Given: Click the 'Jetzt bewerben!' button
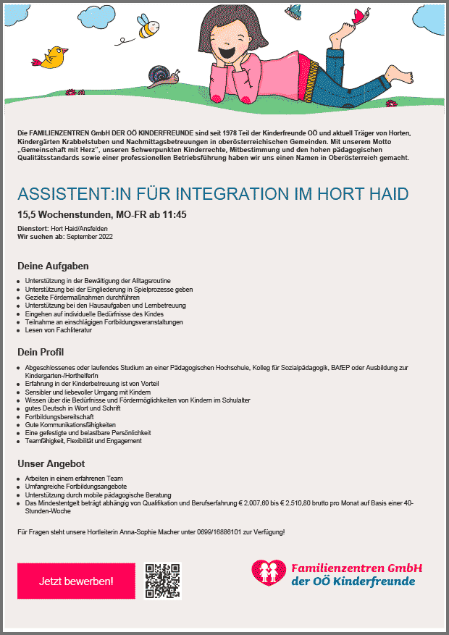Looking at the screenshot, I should tap(76, 581).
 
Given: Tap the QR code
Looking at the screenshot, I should tap(162, 581).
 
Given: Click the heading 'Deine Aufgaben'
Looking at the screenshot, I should tap(53, 266).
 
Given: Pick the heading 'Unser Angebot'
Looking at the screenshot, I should tap(51, 463).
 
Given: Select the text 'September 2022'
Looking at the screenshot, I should tap(90, 237).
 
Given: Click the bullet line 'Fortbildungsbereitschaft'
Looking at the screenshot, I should tap(60, 417).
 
